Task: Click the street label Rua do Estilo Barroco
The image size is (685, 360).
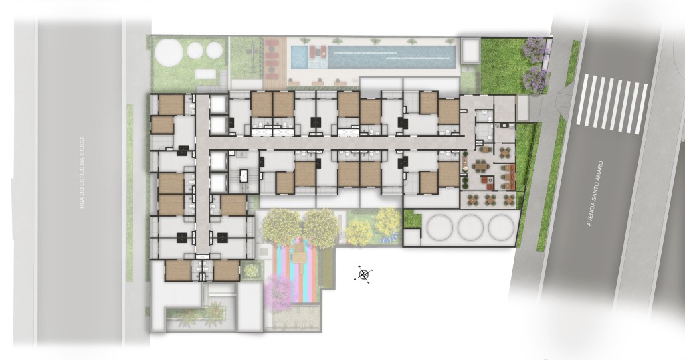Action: pyautogui.click(x=82, y=173)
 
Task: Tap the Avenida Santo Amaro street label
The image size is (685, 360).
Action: pyautogui.click(x=595, y=193)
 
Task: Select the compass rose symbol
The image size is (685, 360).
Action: pyautogui.click(x=363, y=274)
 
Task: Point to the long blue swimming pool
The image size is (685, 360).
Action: pyautogui.click(x=373, y=57)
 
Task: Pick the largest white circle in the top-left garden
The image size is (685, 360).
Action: pyautogui.click(x=168, y=52)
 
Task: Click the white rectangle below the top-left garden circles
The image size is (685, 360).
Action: pyautogui.click(x=207, y=74)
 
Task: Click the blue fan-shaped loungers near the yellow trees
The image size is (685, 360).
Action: pyautogui.click(x=387, y=239)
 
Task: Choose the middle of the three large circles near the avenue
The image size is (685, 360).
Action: pyautogui.click(x=470, y=228)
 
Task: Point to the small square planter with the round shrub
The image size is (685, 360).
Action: pyautogui.click(x=250, y=271)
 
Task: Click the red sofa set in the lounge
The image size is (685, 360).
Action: pyautogui.click(x=487, y=181)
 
